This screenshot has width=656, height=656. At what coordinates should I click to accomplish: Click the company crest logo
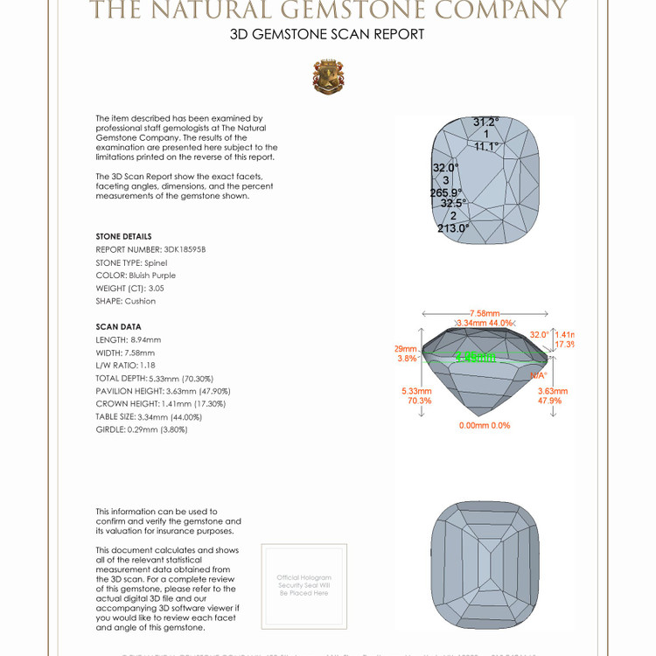click(328, 77)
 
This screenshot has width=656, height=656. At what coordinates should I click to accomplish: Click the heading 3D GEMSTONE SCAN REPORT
click(327, 35)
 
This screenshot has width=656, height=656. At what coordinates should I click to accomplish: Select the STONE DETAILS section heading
click(123, 236)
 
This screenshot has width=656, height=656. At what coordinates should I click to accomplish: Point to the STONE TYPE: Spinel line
click(131, 262)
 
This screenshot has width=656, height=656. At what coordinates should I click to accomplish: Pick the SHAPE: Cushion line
click(126, 301)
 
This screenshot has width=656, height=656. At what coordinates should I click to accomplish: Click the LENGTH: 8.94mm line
click(129, 339)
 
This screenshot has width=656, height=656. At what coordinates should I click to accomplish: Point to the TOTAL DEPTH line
click(154, 378)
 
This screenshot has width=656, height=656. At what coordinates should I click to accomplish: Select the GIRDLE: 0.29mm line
click(142, 429)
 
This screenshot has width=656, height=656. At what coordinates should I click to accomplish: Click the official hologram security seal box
click(304, 584)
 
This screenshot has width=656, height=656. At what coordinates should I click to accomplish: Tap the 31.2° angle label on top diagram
click(485, 122)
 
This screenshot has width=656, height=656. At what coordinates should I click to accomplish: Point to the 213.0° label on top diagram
click(453, 228)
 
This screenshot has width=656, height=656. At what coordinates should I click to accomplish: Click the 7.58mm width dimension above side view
click(485, 313)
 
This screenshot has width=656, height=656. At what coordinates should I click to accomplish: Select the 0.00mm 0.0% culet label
click(485, 426)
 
